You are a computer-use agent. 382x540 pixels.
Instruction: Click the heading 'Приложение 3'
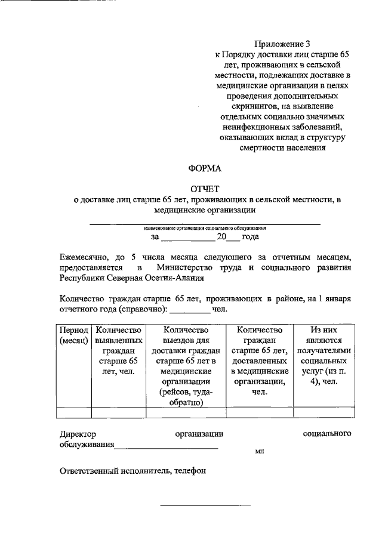point(282,44)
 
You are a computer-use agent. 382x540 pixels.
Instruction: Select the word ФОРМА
point(205,168)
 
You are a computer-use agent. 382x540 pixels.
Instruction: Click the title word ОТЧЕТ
point(205,189)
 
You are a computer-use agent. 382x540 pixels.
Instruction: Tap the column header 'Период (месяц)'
point(73,335)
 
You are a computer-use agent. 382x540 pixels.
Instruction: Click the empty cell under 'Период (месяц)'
point(73,412)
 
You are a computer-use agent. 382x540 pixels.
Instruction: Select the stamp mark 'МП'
point(259,453)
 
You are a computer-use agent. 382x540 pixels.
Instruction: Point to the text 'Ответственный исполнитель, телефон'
point(133,470)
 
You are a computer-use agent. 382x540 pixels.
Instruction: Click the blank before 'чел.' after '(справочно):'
point(191,310)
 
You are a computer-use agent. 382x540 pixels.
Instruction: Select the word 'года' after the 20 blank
point(249,237)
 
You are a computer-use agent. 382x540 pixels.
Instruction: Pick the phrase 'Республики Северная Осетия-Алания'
point(131,278)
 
